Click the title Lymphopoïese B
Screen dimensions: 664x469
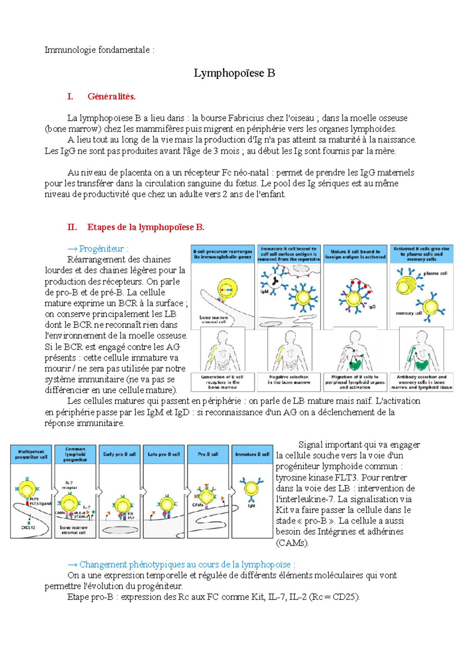pos(234,73)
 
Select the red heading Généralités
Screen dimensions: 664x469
pos(111,97)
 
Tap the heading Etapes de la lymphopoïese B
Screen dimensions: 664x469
pos(145,227)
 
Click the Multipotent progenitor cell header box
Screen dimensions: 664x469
pos(31,454)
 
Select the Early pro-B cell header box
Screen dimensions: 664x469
pos(119,454)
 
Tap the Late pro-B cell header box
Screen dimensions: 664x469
pos(164,454)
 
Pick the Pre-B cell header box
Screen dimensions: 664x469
pos(208,454)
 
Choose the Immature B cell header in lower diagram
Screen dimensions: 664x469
pos(252,454)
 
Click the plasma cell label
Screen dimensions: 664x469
pos(435,273)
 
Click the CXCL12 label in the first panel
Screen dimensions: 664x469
pos(28,528)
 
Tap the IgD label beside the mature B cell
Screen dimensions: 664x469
pos(372,307)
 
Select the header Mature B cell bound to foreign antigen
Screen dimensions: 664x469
pos(355,254)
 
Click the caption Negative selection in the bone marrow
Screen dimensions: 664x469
pos(289,380)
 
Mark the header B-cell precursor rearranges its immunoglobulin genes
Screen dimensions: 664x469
pos(223,254)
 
